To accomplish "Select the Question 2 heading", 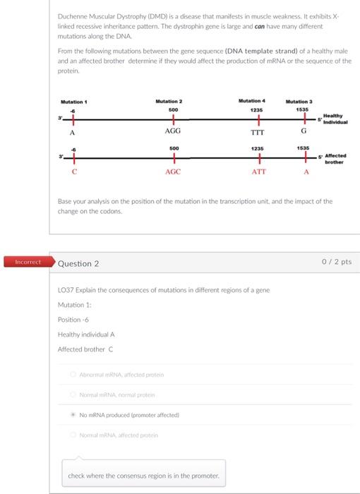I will click(x=78, y=263).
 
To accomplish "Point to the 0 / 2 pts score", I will click(x=337, y=262).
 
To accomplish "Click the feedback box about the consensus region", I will click(x=143, y=476).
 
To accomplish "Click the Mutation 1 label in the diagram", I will click(x=73, y=102).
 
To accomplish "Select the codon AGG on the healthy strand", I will click(x=172, y=131).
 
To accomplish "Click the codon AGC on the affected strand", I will click(x=172, y=171).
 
